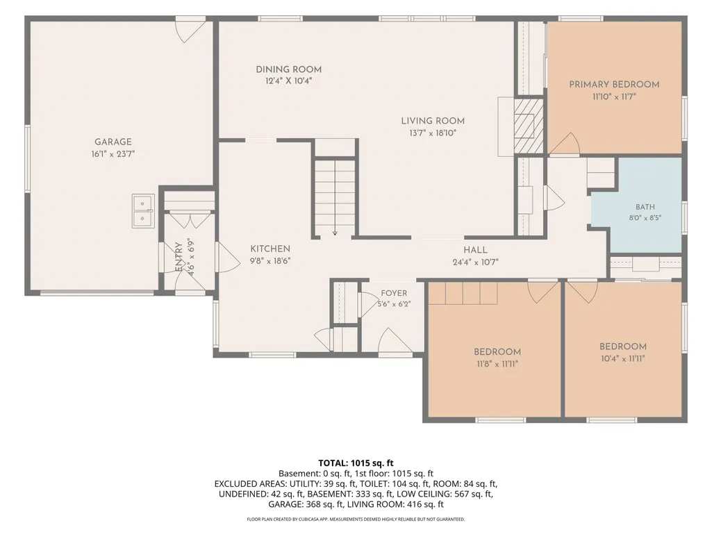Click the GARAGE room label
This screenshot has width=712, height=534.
113,142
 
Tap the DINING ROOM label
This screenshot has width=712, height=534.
289,69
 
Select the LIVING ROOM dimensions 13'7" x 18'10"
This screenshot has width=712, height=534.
433,133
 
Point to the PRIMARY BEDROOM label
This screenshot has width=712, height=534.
614,85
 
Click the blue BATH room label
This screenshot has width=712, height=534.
645,207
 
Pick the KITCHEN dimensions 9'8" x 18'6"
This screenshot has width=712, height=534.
270,261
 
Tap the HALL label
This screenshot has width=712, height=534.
475,250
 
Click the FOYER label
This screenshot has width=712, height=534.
394,293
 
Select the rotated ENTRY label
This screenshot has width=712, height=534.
179,257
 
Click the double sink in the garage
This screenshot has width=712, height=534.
143,211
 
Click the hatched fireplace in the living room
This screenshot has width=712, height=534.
529,126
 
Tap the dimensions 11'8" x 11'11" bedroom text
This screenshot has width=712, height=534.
497,364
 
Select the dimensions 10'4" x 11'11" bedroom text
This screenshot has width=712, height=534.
623,359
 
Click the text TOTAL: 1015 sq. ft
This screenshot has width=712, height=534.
356,463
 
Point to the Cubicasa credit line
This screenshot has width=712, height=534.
356,519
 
